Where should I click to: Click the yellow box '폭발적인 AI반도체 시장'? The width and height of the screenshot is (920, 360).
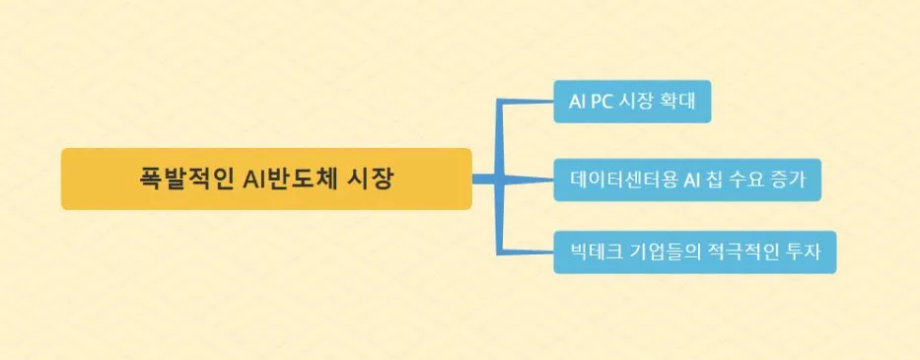pyautogui.click(x=266, y=180)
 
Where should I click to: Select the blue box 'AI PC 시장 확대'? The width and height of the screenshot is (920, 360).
pyautogui.click(x=632, y=103)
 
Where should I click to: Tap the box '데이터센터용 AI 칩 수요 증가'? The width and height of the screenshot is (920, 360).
pyautogui.click(x=687, y=180)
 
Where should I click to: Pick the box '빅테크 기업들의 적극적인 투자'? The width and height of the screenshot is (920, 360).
pyautogui.click(x=694, y=252)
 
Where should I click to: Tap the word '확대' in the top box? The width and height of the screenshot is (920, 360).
pyautogui.click(x=678, y=103)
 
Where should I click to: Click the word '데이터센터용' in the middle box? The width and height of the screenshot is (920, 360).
pyautogui.click(x=623, y=180)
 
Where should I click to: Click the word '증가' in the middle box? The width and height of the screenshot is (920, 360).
pyautogui.click(x=789, y=180)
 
